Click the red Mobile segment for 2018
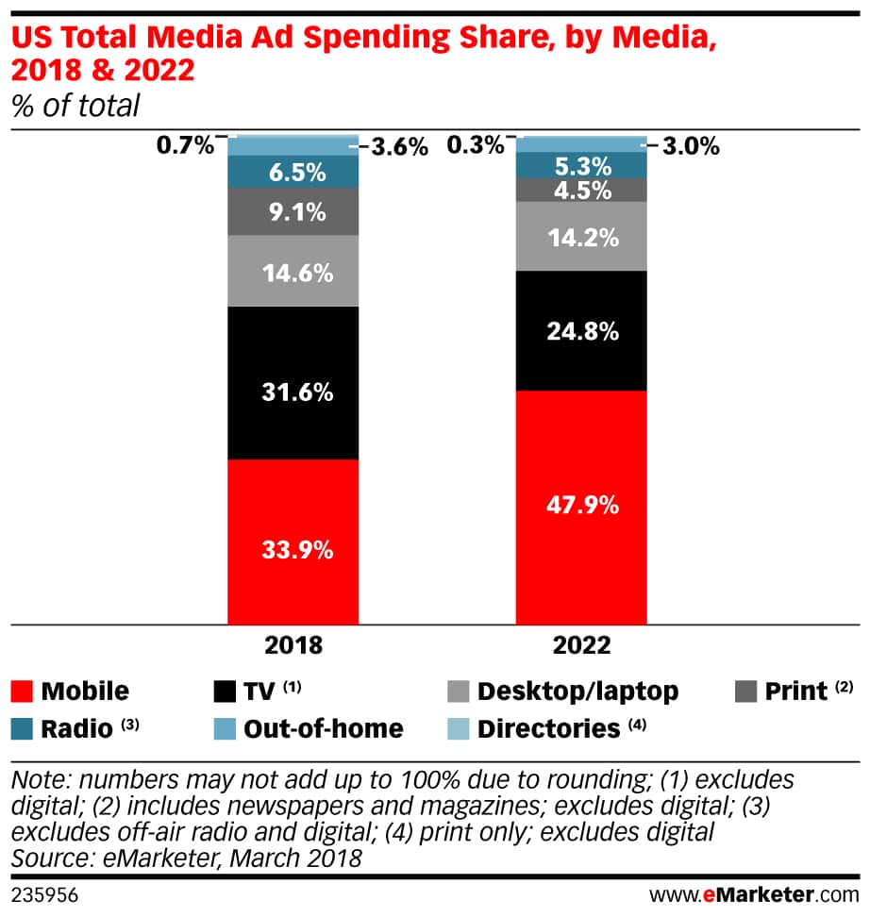293,542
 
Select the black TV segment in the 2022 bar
581,330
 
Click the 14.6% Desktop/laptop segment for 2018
293,272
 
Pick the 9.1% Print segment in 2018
293,211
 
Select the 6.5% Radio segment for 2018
293,172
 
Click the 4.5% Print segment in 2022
581,190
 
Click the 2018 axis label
294,646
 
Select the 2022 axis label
581,646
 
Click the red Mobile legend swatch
25,691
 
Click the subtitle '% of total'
75,106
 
